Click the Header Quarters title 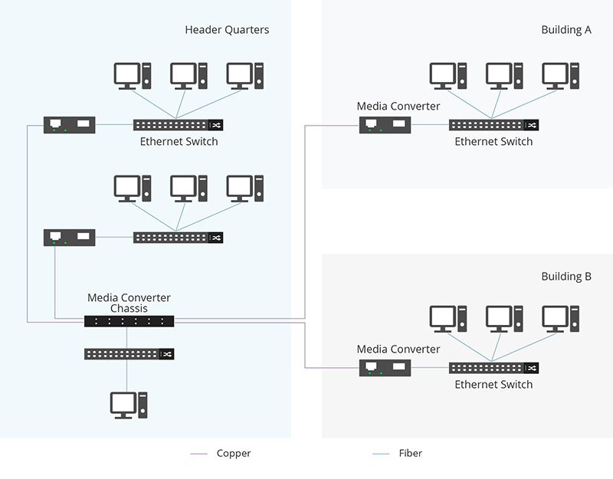click(227, 30)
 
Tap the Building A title click(566, 30)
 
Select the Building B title click(566, 277)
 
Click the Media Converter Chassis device click(129, 321)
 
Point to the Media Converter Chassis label click(129, 303)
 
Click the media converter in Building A click(385, 124)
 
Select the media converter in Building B click(385, 368)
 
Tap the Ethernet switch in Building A click(493, 125)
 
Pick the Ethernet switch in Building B click(493, 368)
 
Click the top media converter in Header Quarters click(70, 124)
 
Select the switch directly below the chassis click(129, 354)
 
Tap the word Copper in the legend click(234, 454)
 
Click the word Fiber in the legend click(411, 454)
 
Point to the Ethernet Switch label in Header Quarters click(179, 142)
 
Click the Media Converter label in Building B click(398, 349)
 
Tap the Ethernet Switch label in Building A click(493, 142)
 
